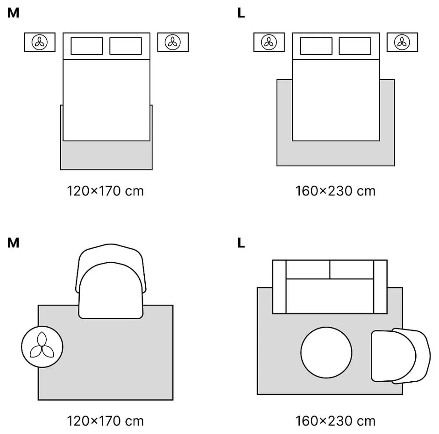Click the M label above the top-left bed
click(14, 13)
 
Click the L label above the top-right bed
click(241, 13)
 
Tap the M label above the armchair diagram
click(14, 243)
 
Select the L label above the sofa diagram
click(241, 243)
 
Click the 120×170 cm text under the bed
click(106, 191)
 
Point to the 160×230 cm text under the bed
click(335, 191)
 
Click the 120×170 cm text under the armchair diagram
click(106, 421)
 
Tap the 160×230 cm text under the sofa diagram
click(335, 421)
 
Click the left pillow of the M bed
click(87, 46)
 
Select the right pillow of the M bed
click(126, 46)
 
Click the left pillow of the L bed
click(316, 46)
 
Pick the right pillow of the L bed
click(355, 46)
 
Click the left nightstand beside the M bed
click(40, 42)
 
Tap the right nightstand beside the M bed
click(173, 42)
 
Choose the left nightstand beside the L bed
click(269, 42)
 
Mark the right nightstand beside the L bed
click(402, 42)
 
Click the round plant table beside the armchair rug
click(42, 347)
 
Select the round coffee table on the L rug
click(326, 352)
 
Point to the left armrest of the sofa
click(279, 287)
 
